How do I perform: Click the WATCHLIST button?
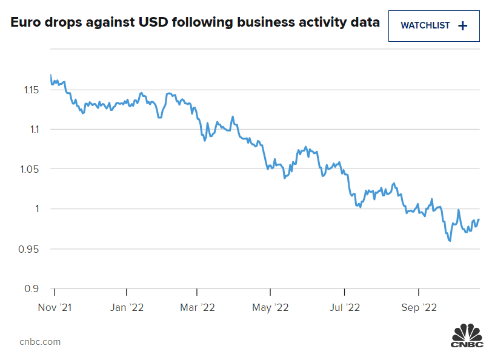pos(434,25)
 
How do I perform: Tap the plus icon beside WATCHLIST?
pos(463,25)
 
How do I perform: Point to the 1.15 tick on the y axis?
pos(31,90)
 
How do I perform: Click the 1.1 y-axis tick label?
pos(33,129)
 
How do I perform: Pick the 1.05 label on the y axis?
pos(31,169)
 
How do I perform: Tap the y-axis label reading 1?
pos(38,209)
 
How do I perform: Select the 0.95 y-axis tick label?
pos(31,249)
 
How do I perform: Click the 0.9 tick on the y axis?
pos(33,288)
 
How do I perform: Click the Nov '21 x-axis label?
pos(54,308)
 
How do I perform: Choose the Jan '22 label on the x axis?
pos(127,308)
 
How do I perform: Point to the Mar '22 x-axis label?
pos(198,308)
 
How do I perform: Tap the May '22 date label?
pos(270,308)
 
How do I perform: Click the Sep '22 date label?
pos(419,308)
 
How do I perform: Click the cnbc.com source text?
pos(40,342)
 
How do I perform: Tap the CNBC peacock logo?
pos(467,335)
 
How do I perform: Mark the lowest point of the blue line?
pos(450,241)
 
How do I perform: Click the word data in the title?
pos(365,24)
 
